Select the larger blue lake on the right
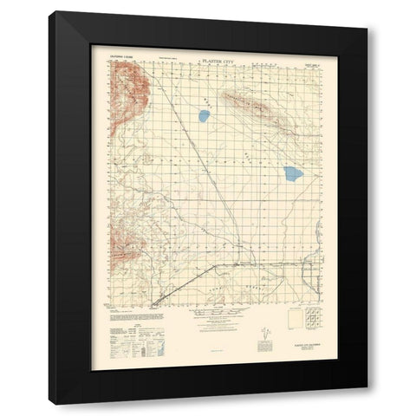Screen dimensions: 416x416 pyautogui.click(x=293, y=173)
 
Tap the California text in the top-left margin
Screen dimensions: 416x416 pyautogui.click(x=122, y=62)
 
